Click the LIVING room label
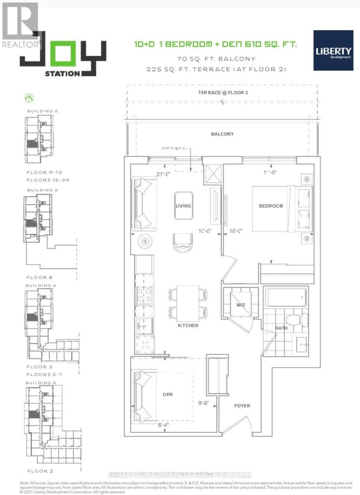183,205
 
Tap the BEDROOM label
271,206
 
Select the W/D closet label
241,305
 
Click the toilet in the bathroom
299,319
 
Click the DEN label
167,394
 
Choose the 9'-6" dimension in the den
205,405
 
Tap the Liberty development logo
333,50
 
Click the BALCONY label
223,134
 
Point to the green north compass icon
29,98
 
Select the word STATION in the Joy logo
63,74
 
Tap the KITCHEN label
188,325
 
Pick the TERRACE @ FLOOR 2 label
222,92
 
